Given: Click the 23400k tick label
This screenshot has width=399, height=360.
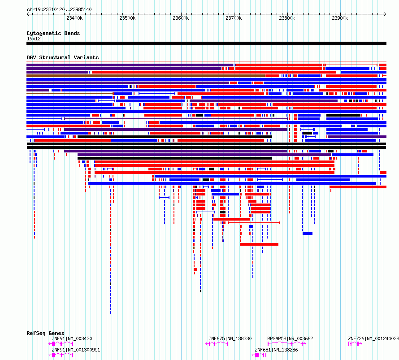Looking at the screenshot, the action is (x=74, y=18).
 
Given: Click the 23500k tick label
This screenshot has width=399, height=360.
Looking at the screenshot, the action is (x=127, y=18).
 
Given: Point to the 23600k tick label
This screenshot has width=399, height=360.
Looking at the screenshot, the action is (x=181, y=18).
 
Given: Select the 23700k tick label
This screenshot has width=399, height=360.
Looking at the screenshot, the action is (x=234, y=18).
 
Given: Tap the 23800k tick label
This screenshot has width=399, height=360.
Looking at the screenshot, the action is (x=287, y=18).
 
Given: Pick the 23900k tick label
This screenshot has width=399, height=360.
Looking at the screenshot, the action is (x=340, y=18).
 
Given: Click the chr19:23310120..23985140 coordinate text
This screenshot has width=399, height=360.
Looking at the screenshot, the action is (x=59, y=9).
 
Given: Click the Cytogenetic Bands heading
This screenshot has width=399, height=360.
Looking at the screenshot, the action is (x=53, y=33).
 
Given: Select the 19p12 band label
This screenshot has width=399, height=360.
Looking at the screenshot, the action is (x=34, y=39).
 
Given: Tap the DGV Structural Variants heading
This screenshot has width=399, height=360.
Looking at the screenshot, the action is (x=63, y=57).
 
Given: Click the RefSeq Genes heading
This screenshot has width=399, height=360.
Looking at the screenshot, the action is (x=45, y=333).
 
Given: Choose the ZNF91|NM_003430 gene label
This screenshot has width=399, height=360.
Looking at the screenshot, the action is (x=72, y=338).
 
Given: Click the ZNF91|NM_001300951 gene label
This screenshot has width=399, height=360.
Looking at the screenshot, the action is (x=76, y=350).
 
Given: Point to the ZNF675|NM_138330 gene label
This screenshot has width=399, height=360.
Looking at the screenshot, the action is (x=230, y=338).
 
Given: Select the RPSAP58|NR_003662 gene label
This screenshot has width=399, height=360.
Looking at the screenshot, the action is (x=290, y=338).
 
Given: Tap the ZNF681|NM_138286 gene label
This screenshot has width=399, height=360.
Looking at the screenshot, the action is (x=276, y=350).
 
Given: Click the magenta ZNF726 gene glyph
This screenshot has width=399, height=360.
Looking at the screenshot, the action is (x=355, y=344).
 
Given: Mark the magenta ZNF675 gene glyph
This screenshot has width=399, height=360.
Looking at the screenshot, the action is (x=217, y=344).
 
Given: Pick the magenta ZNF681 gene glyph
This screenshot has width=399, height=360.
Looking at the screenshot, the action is (x=259, y=355).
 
